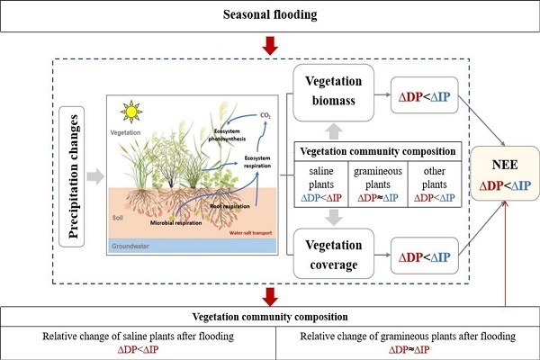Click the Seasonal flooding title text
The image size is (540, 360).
click(x=270, y=16)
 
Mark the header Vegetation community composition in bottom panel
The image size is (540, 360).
click(x=270, y=317)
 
